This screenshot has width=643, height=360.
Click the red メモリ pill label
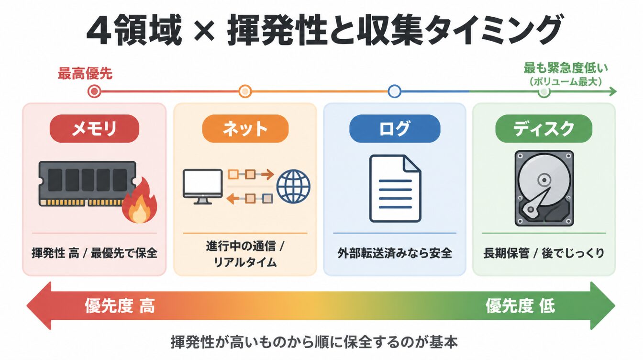94,128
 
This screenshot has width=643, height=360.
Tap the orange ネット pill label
245,128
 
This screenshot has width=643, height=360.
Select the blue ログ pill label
395,128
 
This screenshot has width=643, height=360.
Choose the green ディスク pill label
543,128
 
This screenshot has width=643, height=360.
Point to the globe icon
293,186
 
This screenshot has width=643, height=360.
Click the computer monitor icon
203,187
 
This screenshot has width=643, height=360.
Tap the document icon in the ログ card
395,189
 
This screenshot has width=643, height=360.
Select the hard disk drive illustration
544,188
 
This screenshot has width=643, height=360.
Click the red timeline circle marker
94,91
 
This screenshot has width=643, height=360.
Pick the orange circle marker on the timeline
245,91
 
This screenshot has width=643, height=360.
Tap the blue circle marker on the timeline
395,91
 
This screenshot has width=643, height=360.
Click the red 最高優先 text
85,74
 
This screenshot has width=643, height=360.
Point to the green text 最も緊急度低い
566,68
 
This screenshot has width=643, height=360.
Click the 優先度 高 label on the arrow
120,306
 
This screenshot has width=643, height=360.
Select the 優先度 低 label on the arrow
520,306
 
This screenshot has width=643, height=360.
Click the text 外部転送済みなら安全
395,253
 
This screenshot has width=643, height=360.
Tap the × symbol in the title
204,31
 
